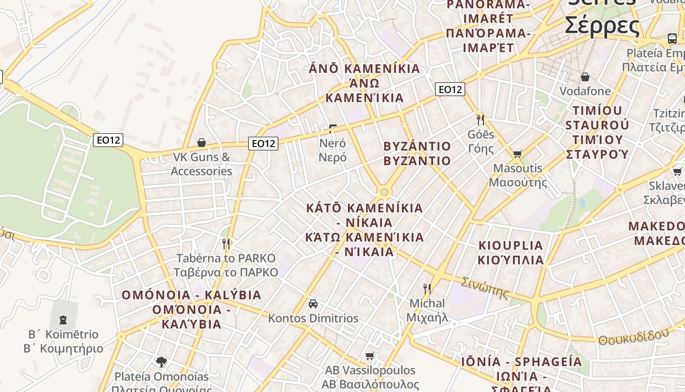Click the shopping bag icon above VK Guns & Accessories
tap(201, 143)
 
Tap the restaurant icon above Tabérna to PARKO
tap(226, 243)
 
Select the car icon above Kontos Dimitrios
tap(313, 304)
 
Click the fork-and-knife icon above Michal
tap(427, 289)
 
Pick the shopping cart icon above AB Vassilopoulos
tap(370, 356)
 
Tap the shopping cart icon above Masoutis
tap(517, 154)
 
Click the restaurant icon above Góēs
tap(480, 120)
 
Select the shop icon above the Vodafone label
tap(585, 77)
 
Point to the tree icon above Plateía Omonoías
tap(161, 362)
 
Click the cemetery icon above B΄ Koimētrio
tap(63, 320)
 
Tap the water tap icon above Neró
tap(333, 129)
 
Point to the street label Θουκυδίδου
tap(633, 337)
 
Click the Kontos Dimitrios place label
tap(313, 318)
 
